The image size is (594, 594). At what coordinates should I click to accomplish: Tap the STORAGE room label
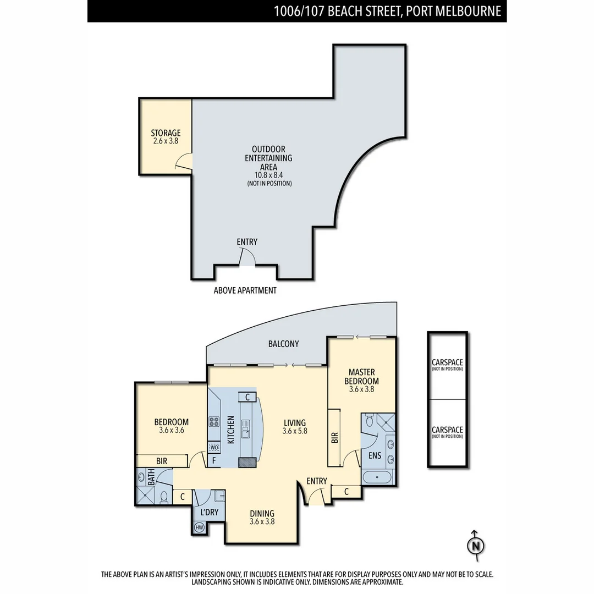tap(166, 133)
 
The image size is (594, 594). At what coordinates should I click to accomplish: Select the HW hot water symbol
tap(199, 528)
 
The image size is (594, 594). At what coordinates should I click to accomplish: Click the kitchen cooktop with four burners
tap(214, 422)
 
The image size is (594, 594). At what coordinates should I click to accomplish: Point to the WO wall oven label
tap(214, 447)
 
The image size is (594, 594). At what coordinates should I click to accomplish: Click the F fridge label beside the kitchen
tap(213, 461)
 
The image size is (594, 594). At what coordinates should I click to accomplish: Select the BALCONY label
tap(284, 344)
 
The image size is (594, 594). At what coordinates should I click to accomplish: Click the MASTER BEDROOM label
tap(361, 377)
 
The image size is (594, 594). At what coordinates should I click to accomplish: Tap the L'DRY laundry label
tap(210, 512)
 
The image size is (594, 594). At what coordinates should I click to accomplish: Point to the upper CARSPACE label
tap(447, 362)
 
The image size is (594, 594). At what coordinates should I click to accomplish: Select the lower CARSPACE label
tap(447, 430)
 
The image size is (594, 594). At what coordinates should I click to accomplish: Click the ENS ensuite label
tap(374, 455)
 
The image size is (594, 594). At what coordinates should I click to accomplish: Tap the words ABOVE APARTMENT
tap(245, 290)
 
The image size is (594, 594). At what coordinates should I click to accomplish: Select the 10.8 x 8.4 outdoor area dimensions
tap(268, 175)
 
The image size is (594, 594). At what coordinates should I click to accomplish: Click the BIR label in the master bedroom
tap(334, 437)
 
